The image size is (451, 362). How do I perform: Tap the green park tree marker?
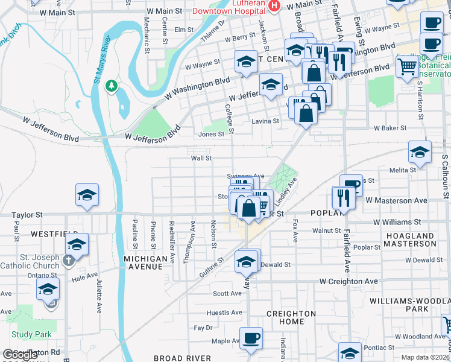(x=111, y=86)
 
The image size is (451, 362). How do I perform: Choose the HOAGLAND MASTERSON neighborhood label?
(x=411, y=240)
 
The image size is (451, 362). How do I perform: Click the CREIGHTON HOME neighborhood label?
(x=291, y=317)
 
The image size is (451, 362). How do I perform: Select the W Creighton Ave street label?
(x=348, y=281)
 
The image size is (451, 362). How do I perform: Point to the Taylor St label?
(x=28, y=214)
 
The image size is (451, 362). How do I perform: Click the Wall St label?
(x=201, y=158)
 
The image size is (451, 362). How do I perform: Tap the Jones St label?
(x=211, y=135)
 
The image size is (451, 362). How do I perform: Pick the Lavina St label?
(x=265, y=121)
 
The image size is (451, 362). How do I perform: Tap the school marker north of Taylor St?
(x=87, y=195)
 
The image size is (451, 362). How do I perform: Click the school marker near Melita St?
(x=420, y=152)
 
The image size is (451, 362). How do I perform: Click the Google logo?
(x=21, y=355)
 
